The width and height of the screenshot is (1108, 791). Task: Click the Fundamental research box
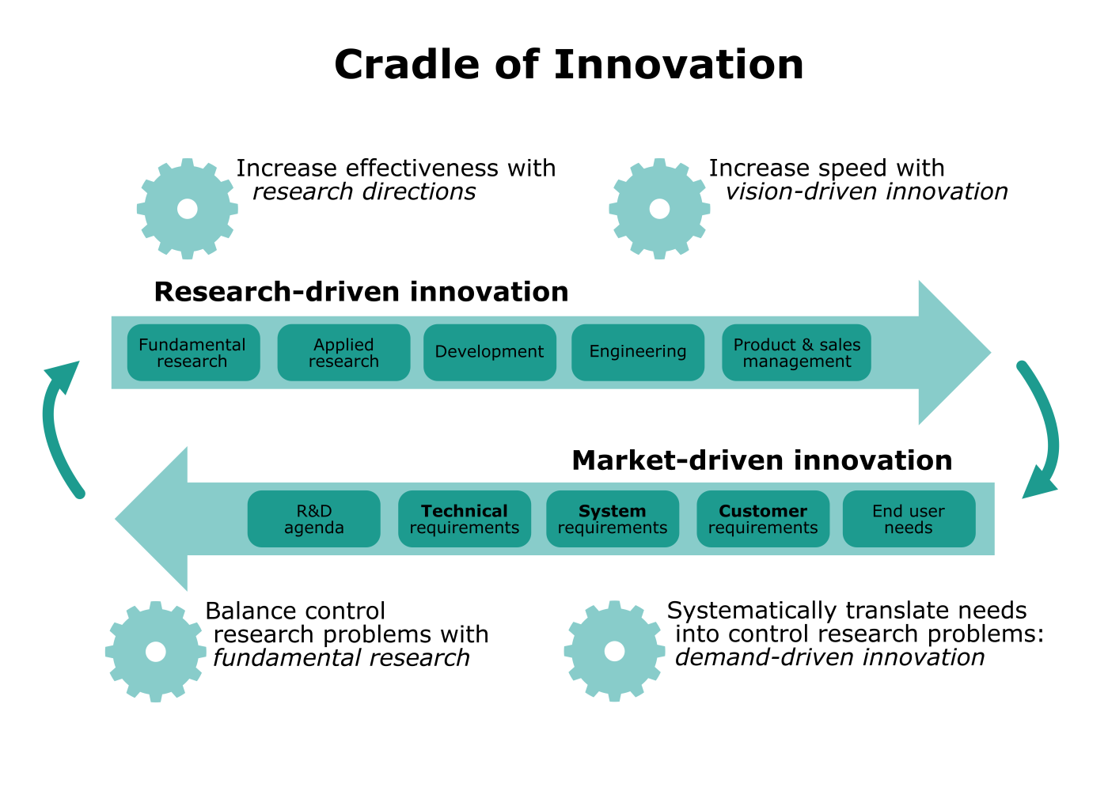click(193, 353)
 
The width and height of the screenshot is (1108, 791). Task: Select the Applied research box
click(343, 353)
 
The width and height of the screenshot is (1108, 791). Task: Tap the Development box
click(489, 353)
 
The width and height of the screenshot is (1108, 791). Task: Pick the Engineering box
click(637, 353)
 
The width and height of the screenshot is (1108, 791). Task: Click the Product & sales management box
click(796, 353)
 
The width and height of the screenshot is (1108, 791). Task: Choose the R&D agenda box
click(313, 519)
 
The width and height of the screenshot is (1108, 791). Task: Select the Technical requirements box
click(464, 519)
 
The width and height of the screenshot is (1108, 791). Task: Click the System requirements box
click(612, 519)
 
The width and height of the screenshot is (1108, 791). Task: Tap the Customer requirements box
click(762, 519)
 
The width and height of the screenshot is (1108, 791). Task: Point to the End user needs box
click(909, 519)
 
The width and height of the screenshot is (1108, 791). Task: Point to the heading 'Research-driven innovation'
click(361, 292)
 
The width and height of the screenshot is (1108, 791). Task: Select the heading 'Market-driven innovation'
click(761, 460)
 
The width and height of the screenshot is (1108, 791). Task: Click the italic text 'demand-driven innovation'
click(829, 657)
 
